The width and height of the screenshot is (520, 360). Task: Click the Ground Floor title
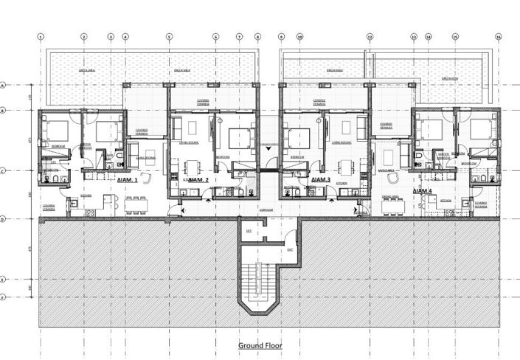click(x=260, y=345)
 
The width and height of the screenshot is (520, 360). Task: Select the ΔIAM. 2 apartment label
click(x=198, y=180)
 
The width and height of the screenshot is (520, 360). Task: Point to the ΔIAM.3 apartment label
click(x=320, y=180)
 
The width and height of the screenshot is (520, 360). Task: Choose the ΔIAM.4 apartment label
click(x=422, y=191)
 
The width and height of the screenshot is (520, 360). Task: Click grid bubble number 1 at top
click(x=41, y=36)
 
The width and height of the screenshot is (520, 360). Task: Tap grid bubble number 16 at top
click(x=499, y=36)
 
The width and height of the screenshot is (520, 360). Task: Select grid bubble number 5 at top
click(x=169, y=36)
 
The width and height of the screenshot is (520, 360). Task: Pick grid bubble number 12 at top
click(x=370, y=36)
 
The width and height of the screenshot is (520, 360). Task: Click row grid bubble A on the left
click(x=4, y=85)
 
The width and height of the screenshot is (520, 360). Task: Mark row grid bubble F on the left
click(x=4, y=297)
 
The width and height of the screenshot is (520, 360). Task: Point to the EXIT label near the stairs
click(x=290, y=250)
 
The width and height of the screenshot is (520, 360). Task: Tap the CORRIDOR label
click(x=266, y=210)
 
